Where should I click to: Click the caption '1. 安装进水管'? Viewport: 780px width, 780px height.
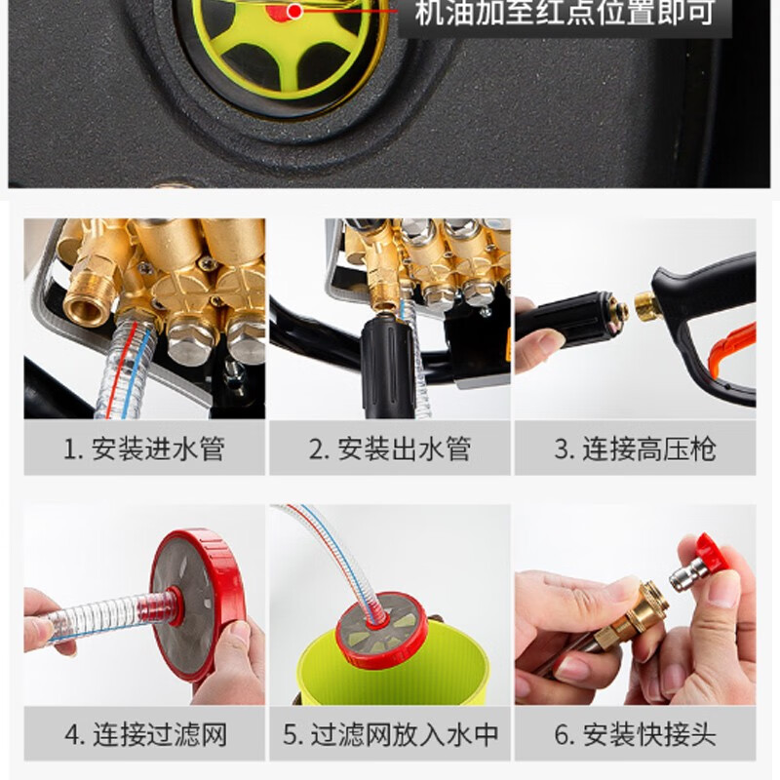(144, 448)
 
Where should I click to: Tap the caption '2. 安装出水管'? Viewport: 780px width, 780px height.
(389, 448)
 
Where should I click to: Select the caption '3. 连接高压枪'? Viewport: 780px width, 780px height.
(636, 448)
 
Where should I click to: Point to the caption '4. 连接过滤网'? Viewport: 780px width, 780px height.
(145, 735)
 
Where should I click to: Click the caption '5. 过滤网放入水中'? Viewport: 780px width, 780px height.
(391, 735)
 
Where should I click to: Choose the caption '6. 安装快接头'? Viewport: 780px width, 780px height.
(636, 735)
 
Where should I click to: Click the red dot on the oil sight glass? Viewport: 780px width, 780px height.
(295, 11)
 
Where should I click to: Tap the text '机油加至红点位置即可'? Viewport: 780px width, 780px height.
(565, 13)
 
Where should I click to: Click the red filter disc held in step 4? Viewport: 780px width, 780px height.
(198, 604)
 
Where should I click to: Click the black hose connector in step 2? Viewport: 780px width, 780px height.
(387, 367)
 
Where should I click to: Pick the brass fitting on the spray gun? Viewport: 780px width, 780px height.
(646, 306)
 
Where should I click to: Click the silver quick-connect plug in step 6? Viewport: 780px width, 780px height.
(689, 574)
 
